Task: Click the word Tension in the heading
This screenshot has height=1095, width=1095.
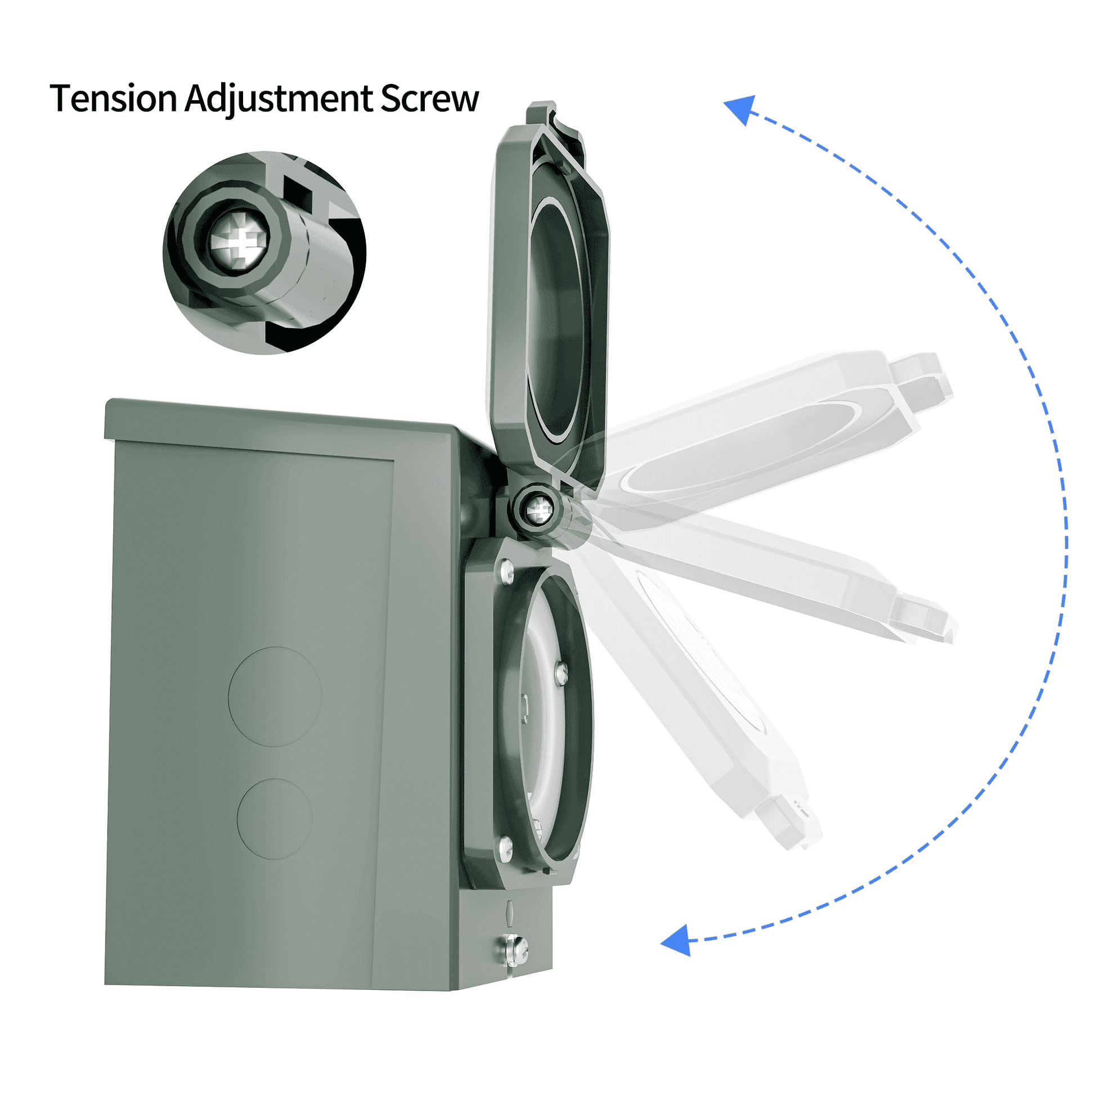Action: point(113,98)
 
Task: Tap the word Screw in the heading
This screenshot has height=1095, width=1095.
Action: point(429,98)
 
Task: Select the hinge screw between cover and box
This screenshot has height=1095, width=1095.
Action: point(538,511)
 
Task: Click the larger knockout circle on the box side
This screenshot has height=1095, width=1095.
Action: point(275,697)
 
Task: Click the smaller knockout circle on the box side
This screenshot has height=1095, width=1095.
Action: point(275,818)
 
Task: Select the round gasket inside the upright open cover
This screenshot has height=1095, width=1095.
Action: point(558,317)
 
